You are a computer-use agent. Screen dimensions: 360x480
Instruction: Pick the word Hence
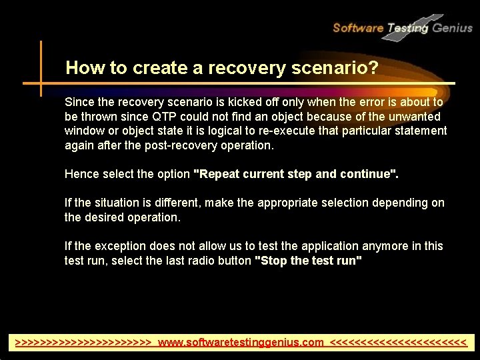[x=80, y=174]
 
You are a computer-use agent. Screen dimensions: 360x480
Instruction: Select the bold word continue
[x=369, y=174]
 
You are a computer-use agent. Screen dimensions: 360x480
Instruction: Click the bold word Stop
[x=272, y=261]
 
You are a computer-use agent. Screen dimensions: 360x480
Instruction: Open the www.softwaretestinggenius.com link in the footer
[x=241, y=343]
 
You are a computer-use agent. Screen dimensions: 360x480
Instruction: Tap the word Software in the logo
[x=358, y=28]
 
